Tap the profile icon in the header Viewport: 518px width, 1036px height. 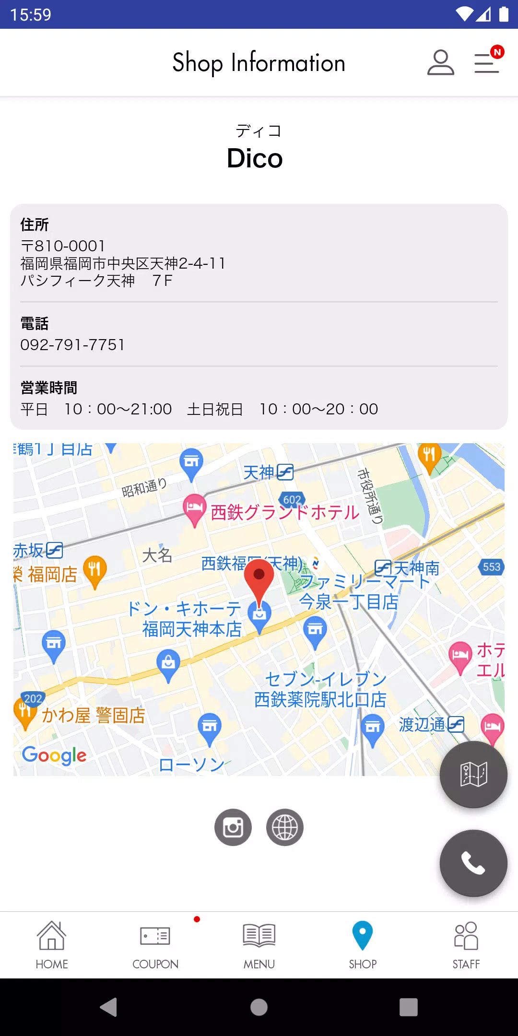[x=440, y=63]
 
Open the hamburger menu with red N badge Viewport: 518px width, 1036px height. [x=487, y=63]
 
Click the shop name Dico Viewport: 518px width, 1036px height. [x=255, y=158]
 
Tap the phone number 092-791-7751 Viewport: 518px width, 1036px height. [x=72, y=345]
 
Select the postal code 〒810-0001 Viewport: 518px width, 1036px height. [x=63, y=246]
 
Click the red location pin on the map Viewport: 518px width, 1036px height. [x=259, y=578]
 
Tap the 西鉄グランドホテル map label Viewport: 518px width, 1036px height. [x=285, y=512]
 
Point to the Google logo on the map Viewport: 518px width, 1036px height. [x=54, y=755]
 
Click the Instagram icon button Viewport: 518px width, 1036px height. [x=233, y=827]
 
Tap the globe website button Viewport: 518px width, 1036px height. [x=285, y=827]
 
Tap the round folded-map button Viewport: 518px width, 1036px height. [x=473, y=774]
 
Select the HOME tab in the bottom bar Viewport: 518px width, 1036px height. [x=52, y=944]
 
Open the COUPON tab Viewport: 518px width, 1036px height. [x=155, y=944]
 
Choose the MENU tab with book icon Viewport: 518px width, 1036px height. [x=259, y=944]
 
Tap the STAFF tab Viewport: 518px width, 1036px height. [x=466, y=944]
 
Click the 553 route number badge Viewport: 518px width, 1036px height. [x=491, y=567]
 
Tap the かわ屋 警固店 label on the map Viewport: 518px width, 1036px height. [x=94, y=716]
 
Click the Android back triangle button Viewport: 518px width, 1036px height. [x=109, y=1007]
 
